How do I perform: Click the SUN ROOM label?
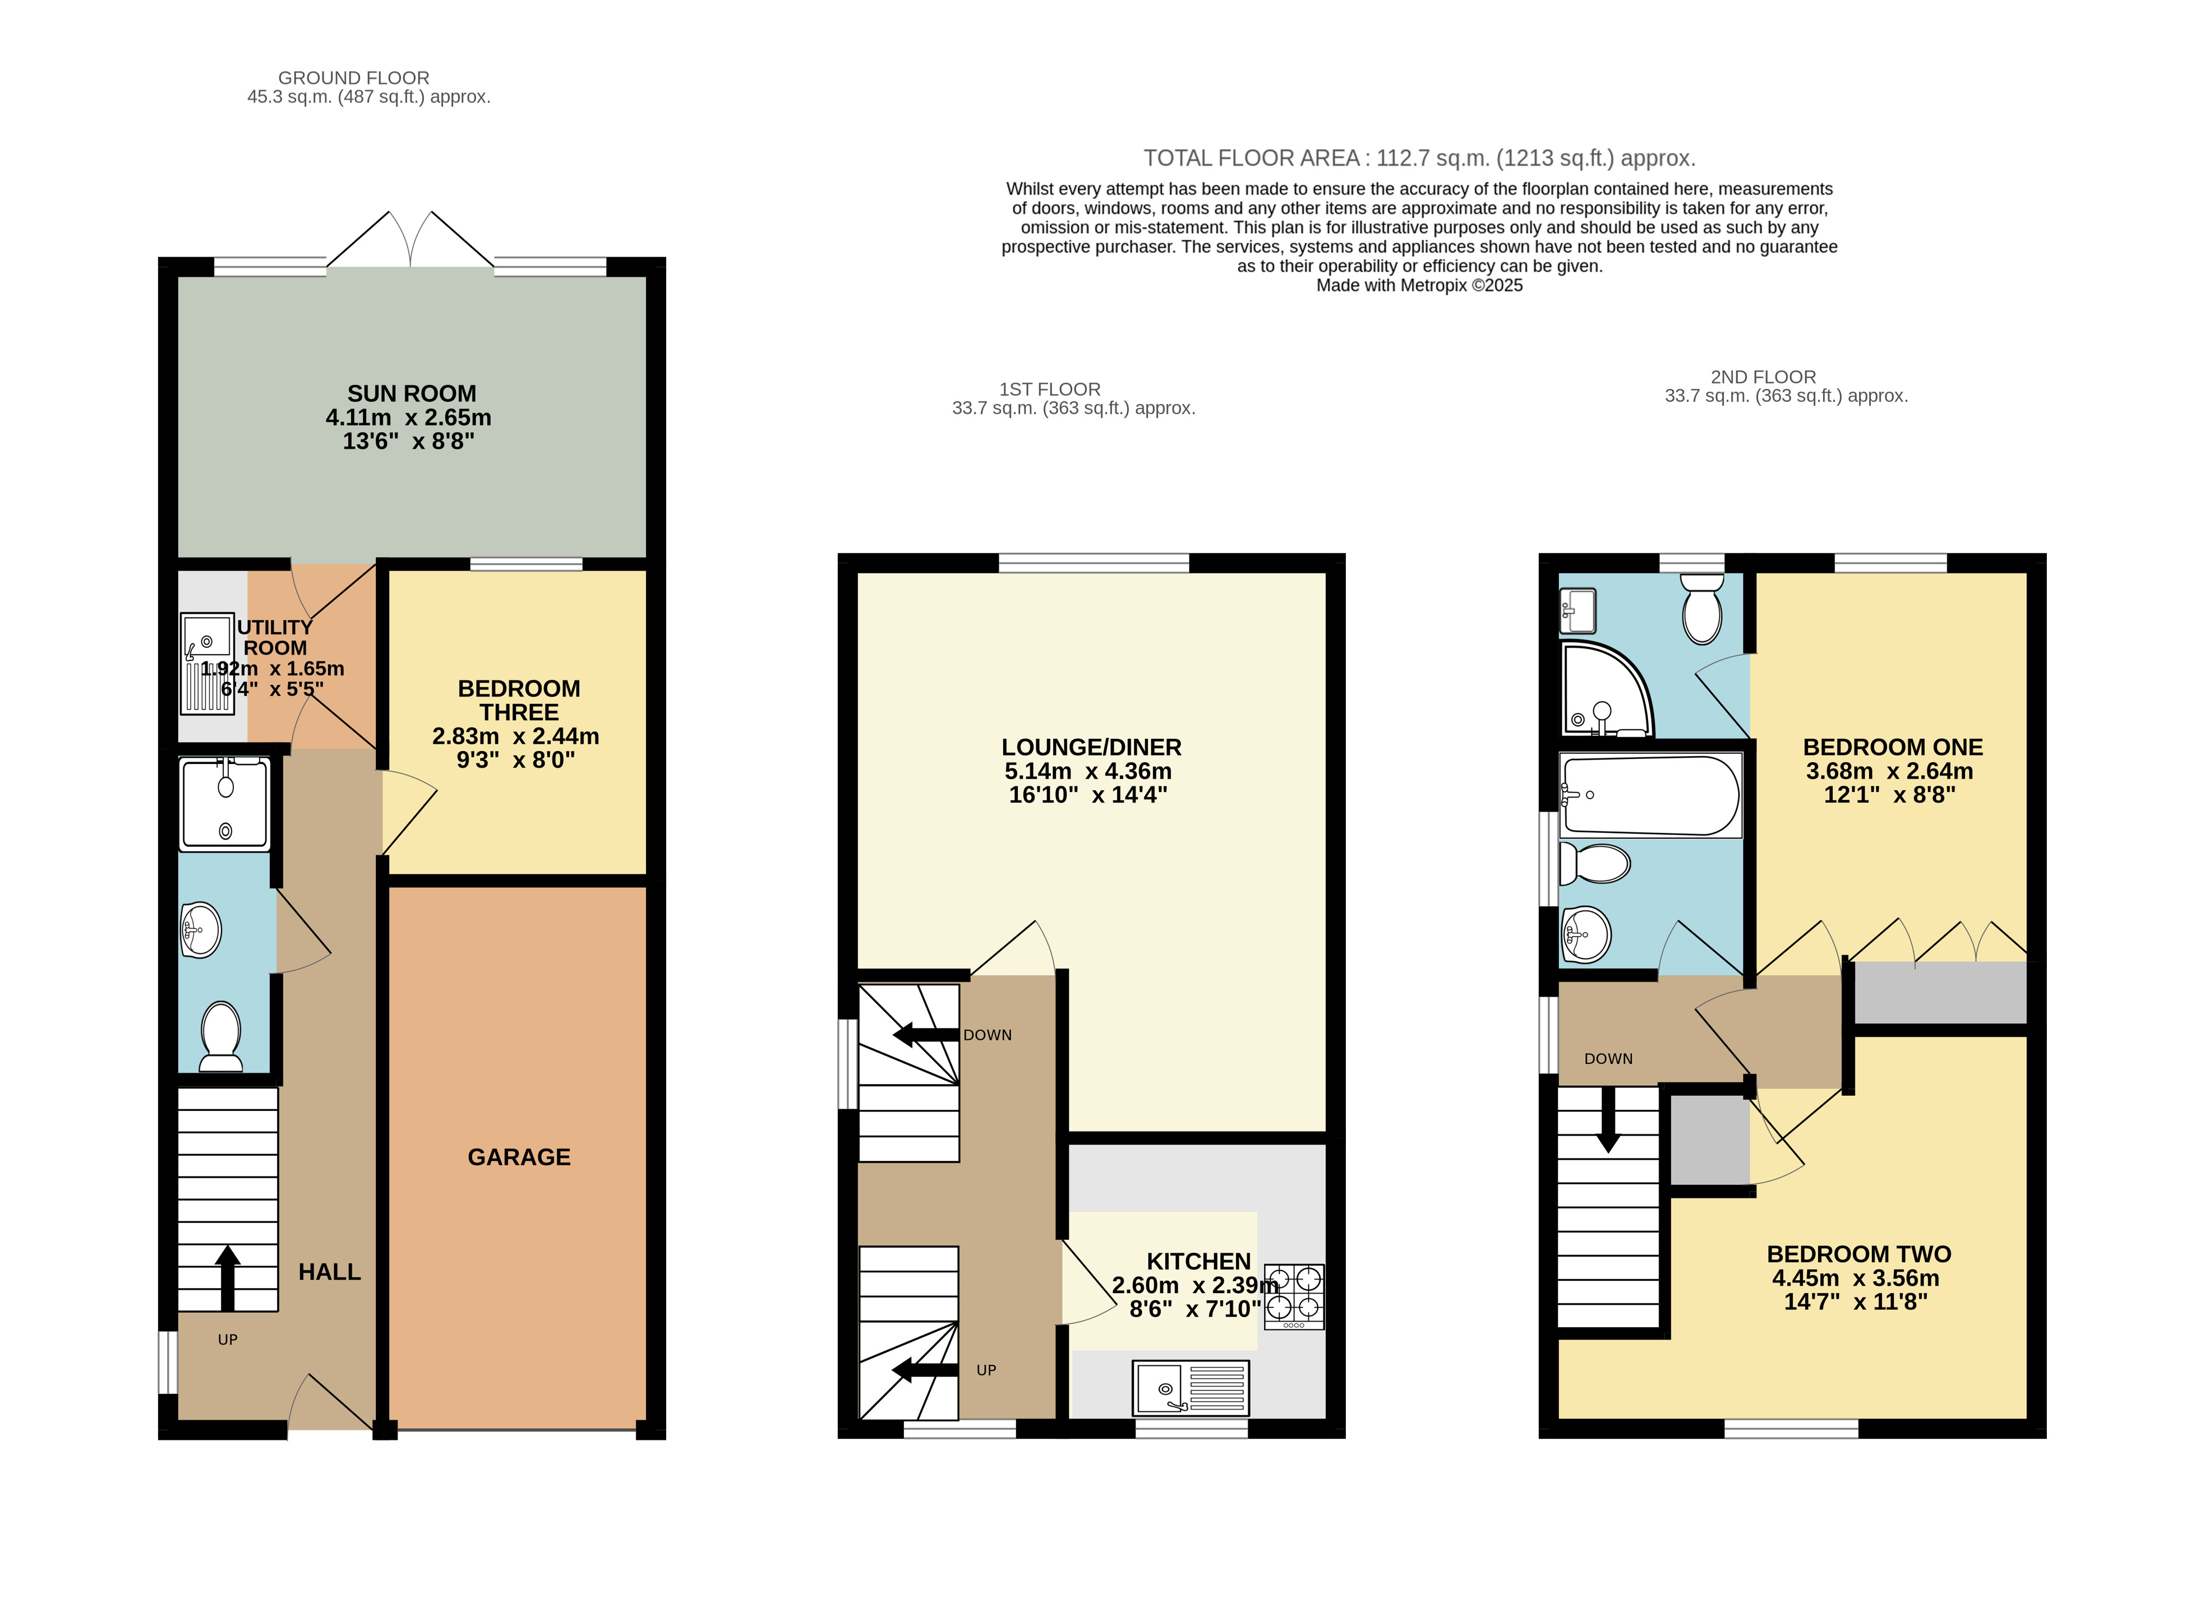(412, 393)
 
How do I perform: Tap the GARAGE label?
(519, 1157)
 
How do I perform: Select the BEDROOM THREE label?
(519, 700)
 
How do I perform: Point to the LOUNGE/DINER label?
(1092, 748)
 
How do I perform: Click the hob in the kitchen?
(1294, 1296)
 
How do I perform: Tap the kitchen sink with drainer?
(1191, 1388)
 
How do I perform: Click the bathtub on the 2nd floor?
(1650, 796)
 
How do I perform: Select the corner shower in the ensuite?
(1606, 689)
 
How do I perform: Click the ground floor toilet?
(222, 1037)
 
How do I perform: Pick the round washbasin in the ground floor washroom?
(201, 930)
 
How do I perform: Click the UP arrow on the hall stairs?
(228, 1278)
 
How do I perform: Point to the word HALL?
(330, 1271)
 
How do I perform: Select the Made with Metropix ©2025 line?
(1419, 286)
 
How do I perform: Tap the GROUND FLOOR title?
(354, 78)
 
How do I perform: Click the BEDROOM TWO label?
(1859, 1254)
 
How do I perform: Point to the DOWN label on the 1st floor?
(988, 1035)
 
